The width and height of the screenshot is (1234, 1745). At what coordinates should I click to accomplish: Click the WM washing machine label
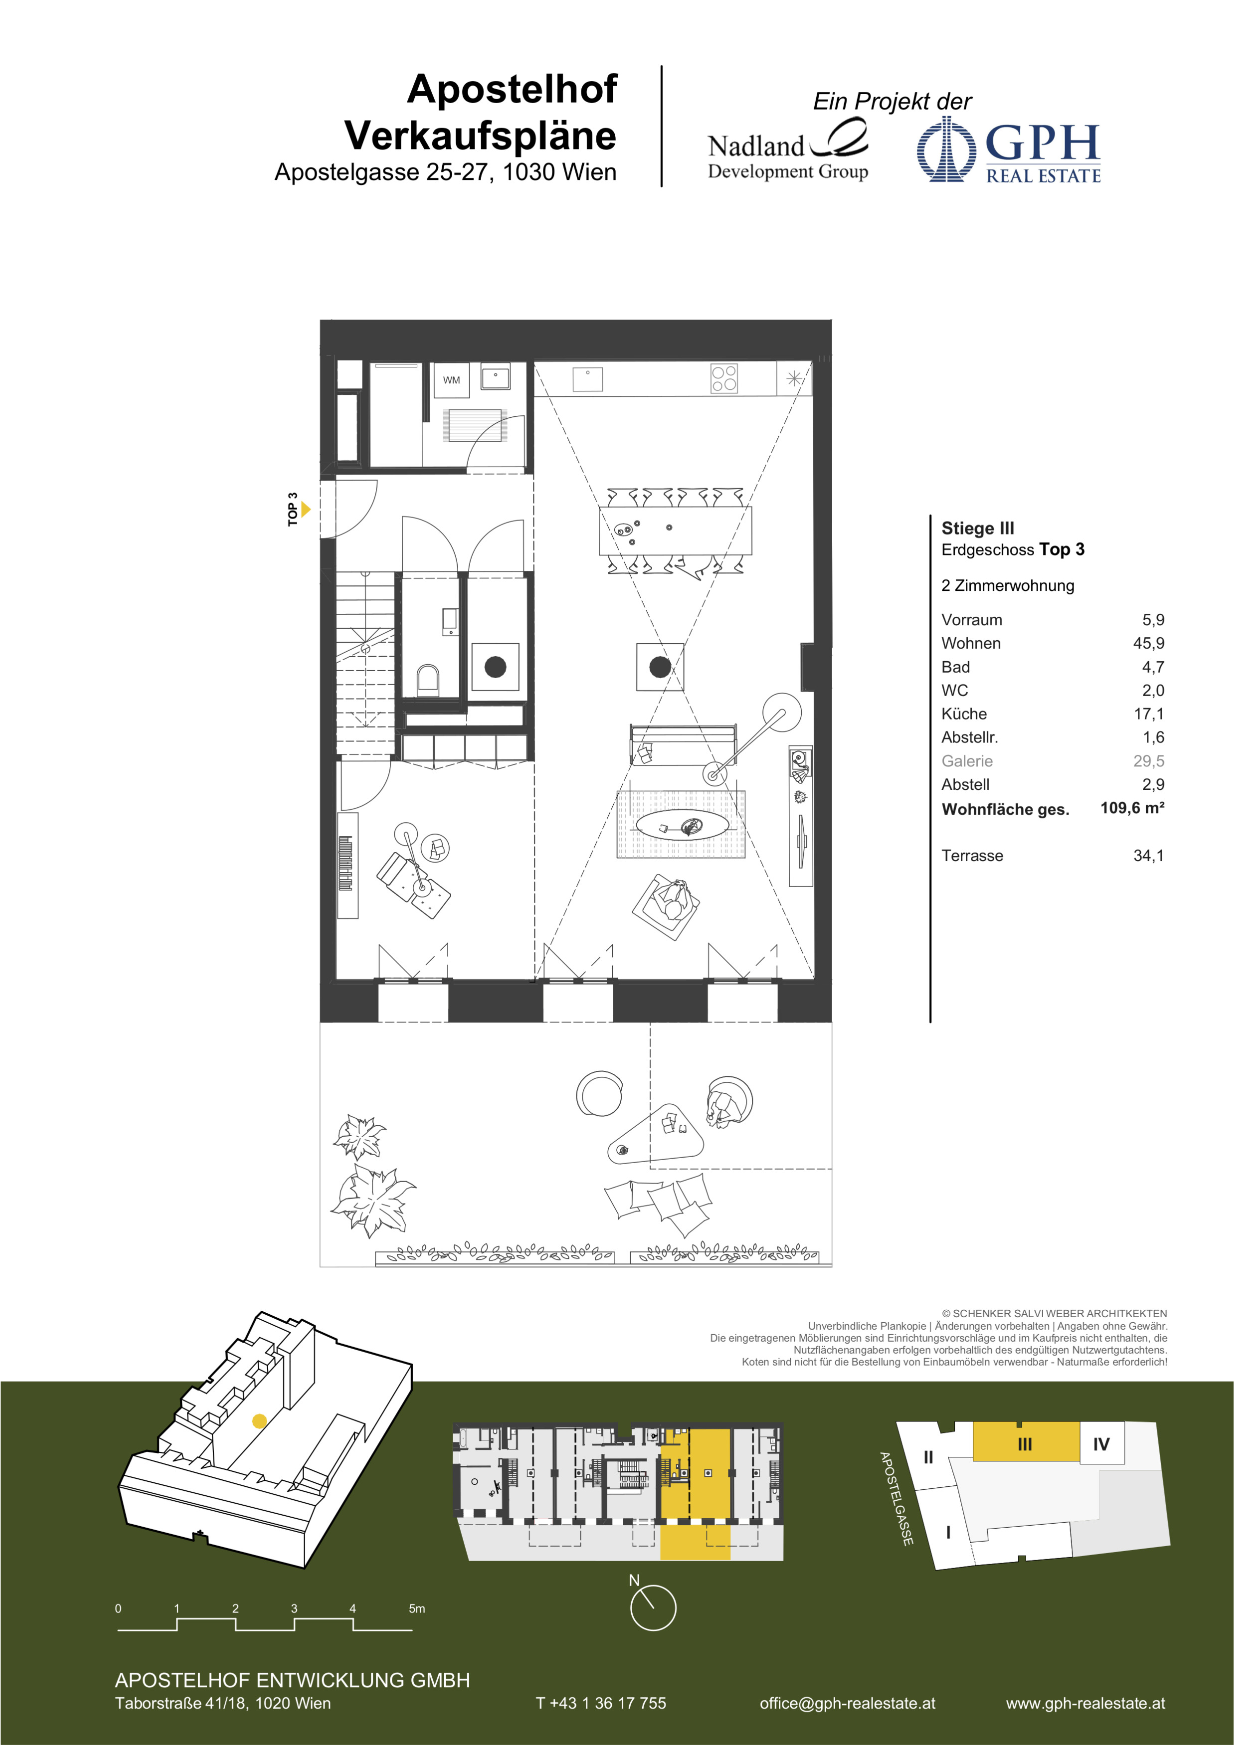click(451, 380)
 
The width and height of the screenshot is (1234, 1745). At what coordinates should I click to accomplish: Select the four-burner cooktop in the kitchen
click(723, 378)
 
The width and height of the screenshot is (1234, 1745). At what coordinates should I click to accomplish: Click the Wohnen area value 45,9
click(1148, 643)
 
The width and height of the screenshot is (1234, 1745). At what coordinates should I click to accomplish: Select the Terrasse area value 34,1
click(1148, 855)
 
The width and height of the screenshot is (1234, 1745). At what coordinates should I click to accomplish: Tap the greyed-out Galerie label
click(967, 761)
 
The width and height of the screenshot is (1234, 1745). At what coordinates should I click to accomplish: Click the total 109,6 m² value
click(1132, 807)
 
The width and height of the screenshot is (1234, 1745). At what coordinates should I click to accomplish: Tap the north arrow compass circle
click(653, 1607)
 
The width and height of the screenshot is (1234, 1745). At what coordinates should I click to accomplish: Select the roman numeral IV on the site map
click(1101, 1444)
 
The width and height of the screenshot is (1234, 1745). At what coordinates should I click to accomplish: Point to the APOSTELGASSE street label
click(896, 1498)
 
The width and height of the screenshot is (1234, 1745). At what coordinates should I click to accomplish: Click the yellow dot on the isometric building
click(259, 1420)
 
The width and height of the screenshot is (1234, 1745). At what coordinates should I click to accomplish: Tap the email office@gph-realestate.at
click(847, 1703)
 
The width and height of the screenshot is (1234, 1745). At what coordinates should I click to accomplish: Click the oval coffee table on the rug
click(682, 825)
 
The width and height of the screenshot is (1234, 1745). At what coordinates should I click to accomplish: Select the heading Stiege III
click(977, 528)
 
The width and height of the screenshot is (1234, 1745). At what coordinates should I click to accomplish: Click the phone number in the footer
click(600, 1703)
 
